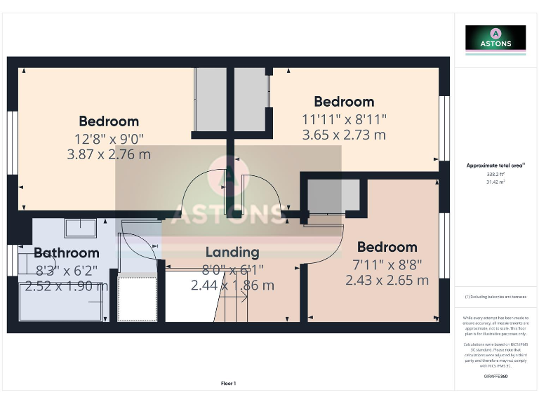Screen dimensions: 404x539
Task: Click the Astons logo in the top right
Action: point(495,38)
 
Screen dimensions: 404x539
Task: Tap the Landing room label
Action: point(232,252)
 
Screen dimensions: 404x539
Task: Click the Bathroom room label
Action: point(67,252)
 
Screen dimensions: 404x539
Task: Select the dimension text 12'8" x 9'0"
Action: point(109,138)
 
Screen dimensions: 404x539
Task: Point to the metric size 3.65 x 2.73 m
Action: point(344,135)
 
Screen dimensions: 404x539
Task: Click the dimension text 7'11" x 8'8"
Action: point(387,264)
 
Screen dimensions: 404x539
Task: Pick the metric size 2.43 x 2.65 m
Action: point(387,280)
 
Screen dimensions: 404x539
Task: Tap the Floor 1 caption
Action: point(229,384)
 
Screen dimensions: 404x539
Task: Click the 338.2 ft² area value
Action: point(495,174)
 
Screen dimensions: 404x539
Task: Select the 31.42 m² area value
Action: point(495,182)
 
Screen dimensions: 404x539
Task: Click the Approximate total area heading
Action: point(495,166)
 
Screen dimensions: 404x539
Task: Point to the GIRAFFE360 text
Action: point(495,377)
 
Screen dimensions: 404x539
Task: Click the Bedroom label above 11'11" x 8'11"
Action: point(344,102)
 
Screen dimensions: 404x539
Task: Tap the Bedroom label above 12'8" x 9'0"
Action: point(109,121)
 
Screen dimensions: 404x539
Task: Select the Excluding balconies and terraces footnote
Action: point(495,297)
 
